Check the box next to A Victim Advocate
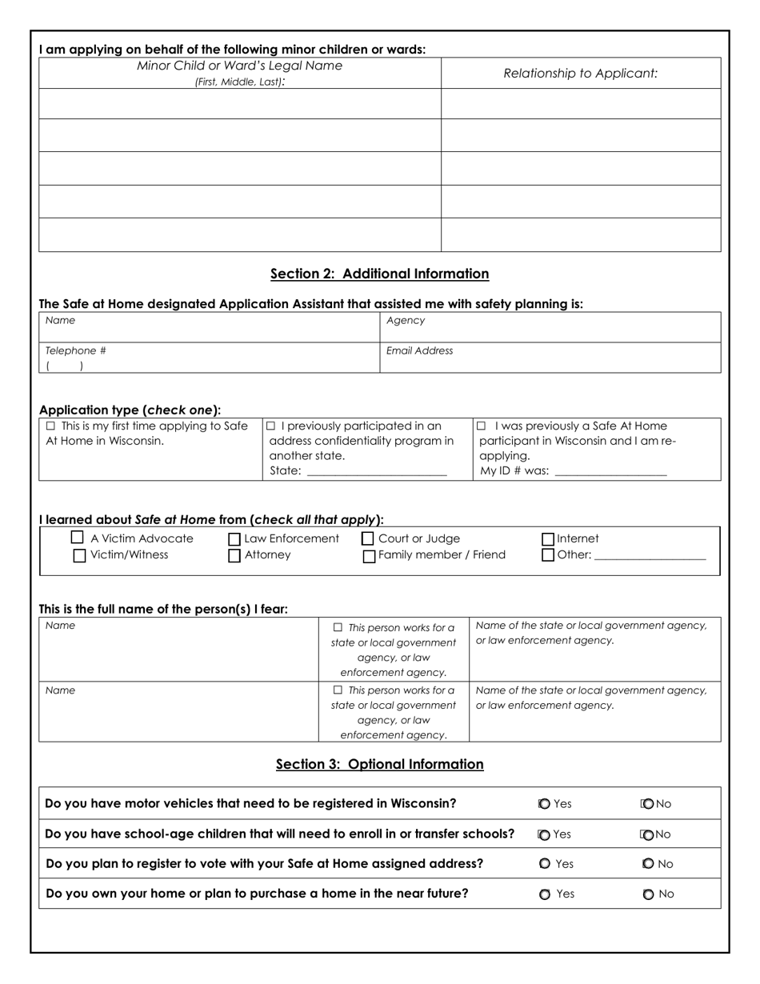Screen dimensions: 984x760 78,538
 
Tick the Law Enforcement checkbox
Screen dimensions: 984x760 234,540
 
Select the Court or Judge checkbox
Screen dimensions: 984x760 368,539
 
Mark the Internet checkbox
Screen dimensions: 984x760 548,540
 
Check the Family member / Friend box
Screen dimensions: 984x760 369,556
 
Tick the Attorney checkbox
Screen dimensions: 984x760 234,556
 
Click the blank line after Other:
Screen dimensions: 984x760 650,555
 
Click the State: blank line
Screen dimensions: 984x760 376,471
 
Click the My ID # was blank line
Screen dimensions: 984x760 610,471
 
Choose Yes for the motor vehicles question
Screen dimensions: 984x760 544,804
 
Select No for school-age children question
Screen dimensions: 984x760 648,834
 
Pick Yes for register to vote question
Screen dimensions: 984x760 544,864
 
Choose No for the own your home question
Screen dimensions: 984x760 648,894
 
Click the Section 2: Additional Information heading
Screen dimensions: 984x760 379,274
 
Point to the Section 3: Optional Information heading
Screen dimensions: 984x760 379,764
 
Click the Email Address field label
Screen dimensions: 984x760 419,350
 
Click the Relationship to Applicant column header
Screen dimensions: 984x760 580,73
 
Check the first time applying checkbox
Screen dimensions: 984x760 51,426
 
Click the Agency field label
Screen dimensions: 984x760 406,320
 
